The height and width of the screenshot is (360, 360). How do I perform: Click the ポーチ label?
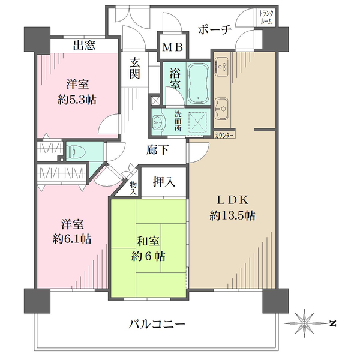(x=214, y=30)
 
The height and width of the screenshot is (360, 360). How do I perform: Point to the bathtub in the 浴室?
(x=197, y=82)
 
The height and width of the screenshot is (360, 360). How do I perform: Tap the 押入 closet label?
(x=164, y=182)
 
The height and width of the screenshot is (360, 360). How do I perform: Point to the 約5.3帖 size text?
(x=77, y=100)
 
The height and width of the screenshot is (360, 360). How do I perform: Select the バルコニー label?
(x=156, y=324)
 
